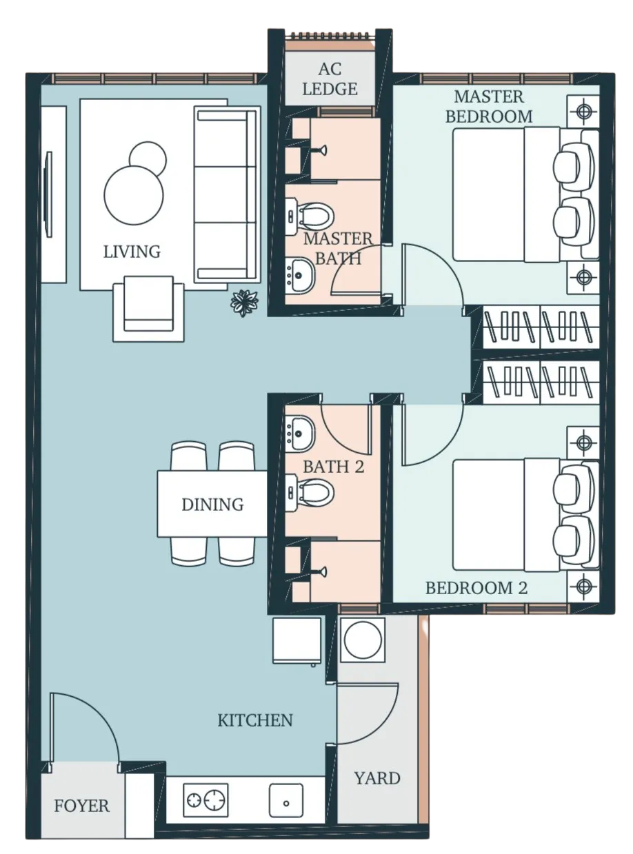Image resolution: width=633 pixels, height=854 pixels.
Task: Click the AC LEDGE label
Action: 330,79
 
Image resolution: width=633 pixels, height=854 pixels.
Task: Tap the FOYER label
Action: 81,806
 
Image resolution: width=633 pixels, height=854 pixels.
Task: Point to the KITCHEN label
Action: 255,720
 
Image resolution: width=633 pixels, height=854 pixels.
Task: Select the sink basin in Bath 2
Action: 300,434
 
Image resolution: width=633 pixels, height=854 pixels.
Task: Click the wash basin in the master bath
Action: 300,275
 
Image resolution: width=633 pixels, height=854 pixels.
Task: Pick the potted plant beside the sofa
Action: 244,303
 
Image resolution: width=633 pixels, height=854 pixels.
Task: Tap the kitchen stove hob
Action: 205,800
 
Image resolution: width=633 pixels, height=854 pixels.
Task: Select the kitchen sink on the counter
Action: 286,800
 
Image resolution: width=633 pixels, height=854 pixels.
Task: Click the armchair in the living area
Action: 148,308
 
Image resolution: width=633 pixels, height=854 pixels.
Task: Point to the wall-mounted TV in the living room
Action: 48,194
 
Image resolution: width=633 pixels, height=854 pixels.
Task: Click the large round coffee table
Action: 133,195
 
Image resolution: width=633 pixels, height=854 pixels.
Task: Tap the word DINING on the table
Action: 212,505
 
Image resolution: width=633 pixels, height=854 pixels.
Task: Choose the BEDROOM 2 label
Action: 476,588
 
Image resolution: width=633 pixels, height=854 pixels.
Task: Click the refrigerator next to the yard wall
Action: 297,641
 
